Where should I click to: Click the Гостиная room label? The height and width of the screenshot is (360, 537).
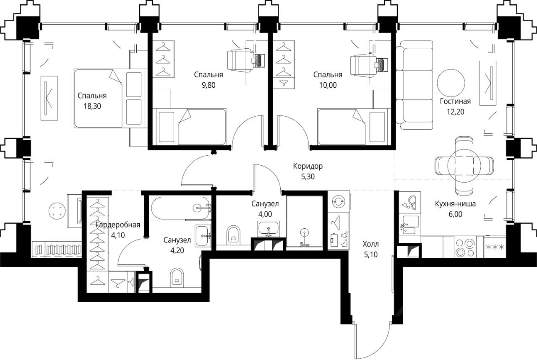pyautogui.click(x=455, y=102)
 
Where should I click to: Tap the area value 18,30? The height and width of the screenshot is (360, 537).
pyautogui.click(x=92, y=106)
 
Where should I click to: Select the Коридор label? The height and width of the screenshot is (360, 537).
pyautogui.click(x=308, y=166)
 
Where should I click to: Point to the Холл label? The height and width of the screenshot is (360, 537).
pyautogui.click(x=370, y=244)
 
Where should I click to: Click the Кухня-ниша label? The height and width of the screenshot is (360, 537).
pyautogui.click(x=455, y=204)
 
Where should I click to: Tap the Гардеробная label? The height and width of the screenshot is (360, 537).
pyautogui.click(x=118, y=225)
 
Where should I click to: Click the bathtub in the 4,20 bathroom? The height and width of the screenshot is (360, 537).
pyautogui.click(x=181, y=208)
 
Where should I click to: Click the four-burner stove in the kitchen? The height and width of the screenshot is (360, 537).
pyautogui.click(x=465, y=248)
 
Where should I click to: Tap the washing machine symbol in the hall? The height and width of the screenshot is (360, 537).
pyautogui.click(x=339, y=201)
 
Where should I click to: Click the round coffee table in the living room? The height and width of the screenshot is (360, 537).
pyautogui.click(x=451, y=83)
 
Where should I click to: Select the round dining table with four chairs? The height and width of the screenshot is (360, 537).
pyautogui.click(x=464, y=166)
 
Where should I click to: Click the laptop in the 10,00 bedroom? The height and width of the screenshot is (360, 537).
pyautogui.click(x=381, y=65)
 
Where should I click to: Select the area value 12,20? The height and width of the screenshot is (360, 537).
pyautogui.click(x=455, y=112)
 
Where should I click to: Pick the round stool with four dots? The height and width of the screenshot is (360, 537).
pyautogui.click(x=57, y=211)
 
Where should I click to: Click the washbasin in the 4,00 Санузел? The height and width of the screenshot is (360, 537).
pyautogui.click(x=268, y=229)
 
